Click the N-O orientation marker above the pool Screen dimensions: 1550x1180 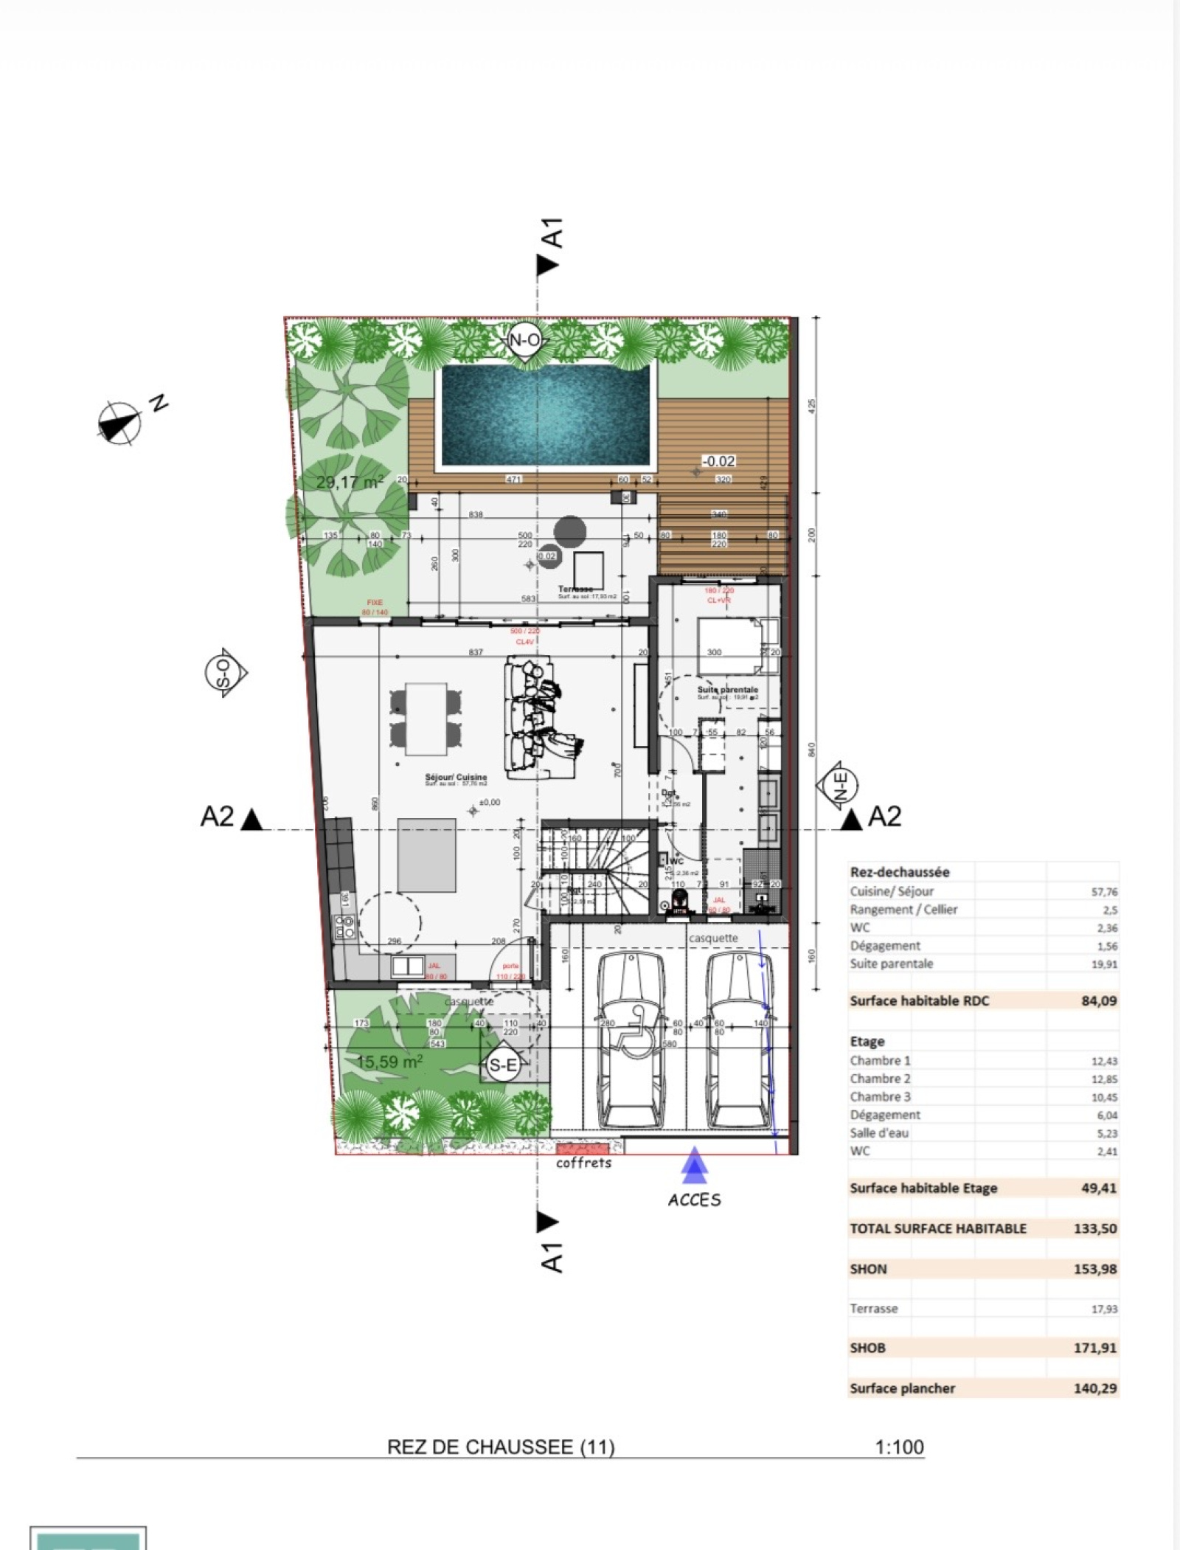pyautogui.click(x=524, y=340)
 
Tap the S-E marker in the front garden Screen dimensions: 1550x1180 pyautogui.click(x=503, y=1065)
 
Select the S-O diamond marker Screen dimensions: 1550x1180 pyautogui.click(x=225, y=673)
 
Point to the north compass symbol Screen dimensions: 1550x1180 pyautogui.click(x=119, y=423)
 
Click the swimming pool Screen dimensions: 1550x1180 pyautogui.click(x=546, y=417)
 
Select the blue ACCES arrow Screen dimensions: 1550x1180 pyautogui.click(x=694, y=1166)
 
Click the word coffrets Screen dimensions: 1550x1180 pyautogui.click(x=583, y=1163)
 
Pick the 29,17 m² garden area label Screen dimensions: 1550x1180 pyautogui.click(x=350, y=482)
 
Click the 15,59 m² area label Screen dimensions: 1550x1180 pyautogui.click(x=389, y=1062)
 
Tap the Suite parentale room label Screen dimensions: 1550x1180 pyautogui.click(x=727, y=690)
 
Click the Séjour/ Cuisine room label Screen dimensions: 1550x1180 pyautogui.click(x=456, y=777)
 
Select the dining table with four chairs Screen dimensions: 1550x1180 pyautogui.click(x=426, y=718)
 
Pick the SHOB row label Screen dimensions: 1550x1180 pyautogui.click(x=867, y=1348)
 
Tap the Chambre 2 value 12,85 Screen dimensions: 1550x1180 pyautogui.click(x=1104, y=1079)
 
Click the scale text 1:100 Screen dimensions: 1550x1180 pyautogui.click(x=899, y=1447)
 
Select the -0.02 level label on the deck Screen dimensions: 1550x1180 pyautogui.click(x=718, y=461)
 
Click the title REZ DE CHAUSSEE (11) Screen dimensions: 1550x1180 pyautogui.click(x=501, y=1447)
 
